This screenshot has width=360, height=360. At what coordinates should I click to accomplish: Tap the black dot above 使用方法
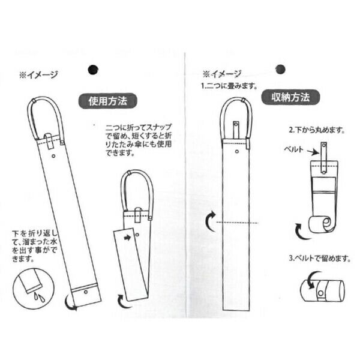point(92,69)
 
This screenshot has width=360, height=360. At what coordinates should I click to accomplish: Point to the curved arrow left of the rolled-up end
point(299,229)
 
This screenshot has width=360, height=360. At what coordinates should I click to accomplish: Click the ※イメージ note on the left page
point(38,74)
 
